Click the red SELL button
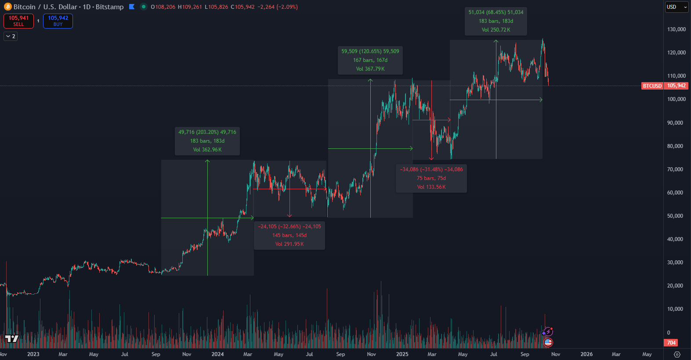[18, 21]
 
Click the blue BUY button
[58, 21]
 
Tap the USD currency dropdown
[677, 7]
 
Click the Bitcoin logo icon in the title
[7, 7]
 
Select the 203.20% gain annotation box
[207, 141]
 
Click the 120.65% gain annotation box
[370, 60]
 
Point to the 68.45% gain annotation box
[496, 21]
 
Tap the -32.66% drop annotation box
[289, 235]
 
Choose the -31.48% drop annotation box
[431, 178]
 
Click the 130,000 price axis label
[677, 29]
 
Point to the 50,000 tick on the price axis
[675, 216]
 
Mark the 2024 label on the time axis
[217, 354]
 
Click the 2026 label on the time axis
[586, 354]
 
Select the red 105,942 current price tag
[677, 86]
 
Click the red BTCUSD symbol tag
[652, 86]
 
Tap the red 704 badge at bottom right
[671, 343]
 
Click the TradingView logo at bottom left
[12, 338]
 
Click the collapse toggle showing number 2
[11, 36]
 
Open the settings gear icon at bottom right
[677, 354]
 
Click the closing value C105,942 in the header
[242, 7]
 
